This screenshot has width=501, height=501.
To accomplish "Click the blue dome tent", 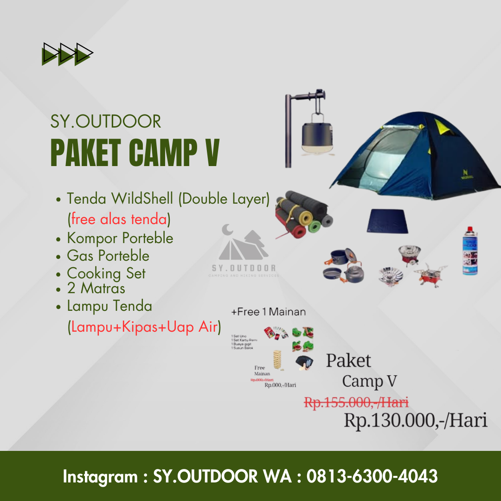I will (x=417, y=162).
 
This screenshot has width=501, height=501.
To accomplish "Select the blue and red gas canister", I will (x=470, y=251).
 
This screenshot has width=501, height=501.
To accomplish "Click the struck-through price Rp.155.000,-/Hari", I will (x=356, y=402).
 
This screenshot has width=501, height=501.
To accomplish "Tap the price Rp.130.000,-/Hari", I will (x=415, y=420).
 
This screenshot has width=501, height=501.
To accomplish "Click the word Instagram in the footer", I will (x=100, y=476).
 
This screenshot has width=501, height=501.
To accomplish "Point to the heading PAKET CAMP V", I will (x=135, y=152).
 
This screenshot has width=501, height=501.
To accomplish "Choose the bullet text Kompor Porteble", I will (x=120, y=238).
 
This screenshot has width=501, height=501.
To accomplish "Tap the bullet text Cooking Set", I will (x=106, y=273).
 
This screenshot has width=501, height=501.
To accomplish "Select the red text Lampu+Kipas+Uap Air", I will (x=144, y=327).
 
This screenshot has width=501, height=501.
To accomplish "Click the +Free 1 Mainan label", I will (x=269, y=312).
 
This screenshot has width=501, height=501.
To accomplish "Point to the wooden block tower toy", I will (x=277, y=360).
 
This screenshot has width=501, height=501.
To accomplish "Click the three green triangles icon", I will (x=67, y=54).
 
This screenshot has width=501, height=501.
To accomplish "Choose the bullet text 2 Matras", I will (x=96, y=289).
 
